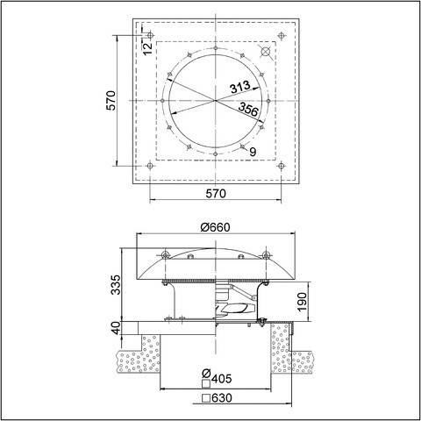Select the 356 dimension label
coord(249,108)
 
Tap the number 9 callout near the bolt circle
coord(253,151)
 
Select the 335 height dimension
coord(112,285)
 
